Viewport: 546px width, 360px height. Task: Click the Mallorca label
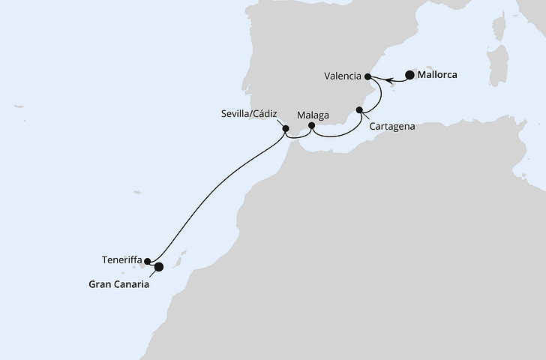coord(438,75)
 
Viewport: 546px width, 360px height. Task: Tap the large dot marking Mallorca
coord(409,74)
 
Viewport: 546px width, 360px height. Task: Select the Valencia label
coord(343,76)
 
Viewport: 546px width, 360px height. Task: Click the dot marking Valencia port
coord(367,76)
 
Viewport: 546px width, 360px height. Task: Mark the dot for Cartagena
coord(360,111)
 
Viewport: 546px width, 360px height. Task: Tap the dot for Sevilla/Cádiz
coord(286,128)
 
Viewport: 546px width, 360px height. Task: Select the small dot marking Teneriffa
coord(148,261)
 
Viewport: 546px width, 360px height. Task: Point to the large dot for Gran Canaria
coord(158,266)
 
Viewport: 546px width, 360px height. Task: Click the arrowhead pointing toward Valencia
coord(385,77)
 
